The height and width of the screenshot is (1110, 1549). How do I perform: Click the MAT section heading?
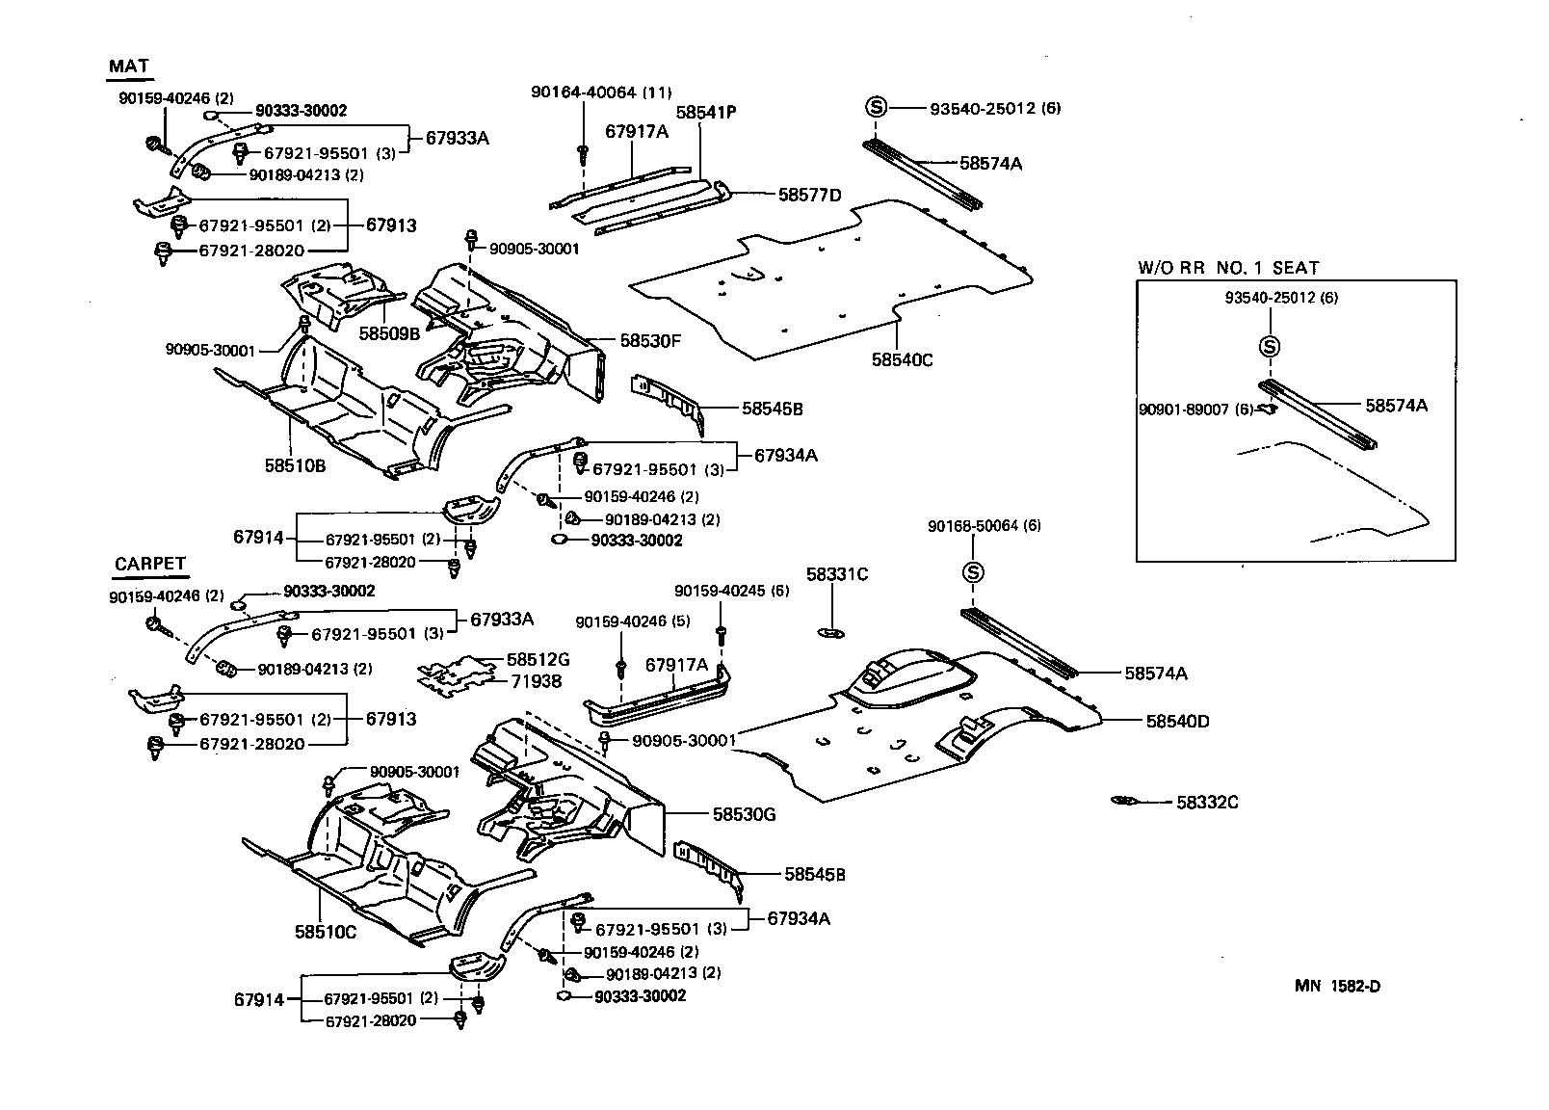point(128,66)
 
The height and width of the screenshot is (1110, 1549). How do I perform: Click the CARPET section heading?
point(149,565)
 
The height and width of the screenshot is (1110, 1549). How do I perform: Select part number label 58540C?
point(902,360)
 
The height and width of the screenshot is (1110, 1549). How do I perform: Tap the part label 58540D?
point(1177,721)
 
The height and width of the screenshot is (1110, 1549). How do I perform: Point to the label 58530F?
point(650,340)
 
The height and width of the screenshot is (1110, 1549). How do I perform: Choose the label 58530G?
point(744,814)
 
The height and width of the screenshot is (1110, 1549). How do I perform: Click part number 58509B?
point(389,333)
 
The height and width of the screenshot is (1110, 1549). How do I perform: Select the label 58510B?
point(295,465)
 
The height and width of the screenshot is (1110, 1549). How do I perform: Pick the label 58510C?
point(326,932)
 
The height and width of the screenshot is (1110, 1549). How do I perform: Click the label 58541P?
point(705,112)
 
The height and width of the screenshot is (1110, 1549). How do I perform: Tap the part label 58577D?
point(809,195)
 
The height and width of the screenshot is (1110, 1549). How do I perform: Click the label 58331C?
point(836,575)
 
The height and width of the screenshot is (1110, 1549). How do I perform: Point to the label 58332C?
point(1206,802)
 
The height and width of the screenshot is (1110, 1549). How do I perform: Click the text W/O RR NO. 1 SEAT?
point(1228,268)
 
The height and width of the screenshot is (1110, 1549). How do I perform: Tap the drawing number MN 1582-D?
point(1337,986)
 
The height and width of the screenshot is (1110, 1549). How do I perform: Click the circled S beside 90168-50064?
point(972,572)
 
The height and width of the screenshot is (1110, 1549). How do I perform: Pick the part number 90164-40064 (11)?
point(600,92)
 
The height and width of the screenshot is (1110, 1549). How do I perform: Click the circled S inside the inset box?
point(1269,346)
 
